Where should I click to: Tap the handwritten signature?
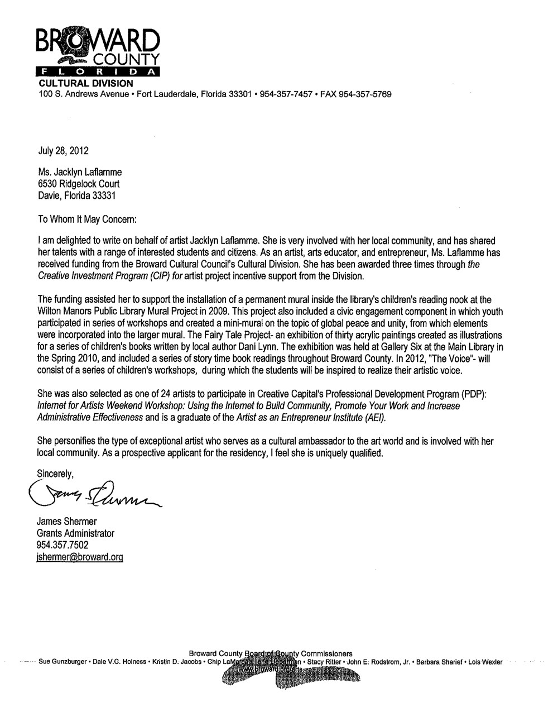pyautogui.click(x=92, y=491)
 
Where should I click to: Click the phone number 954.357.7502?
pyautogui.click(x=62, y=544)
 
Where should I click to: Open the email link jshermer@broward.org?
pyautogui.click(x=79, y=557)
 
